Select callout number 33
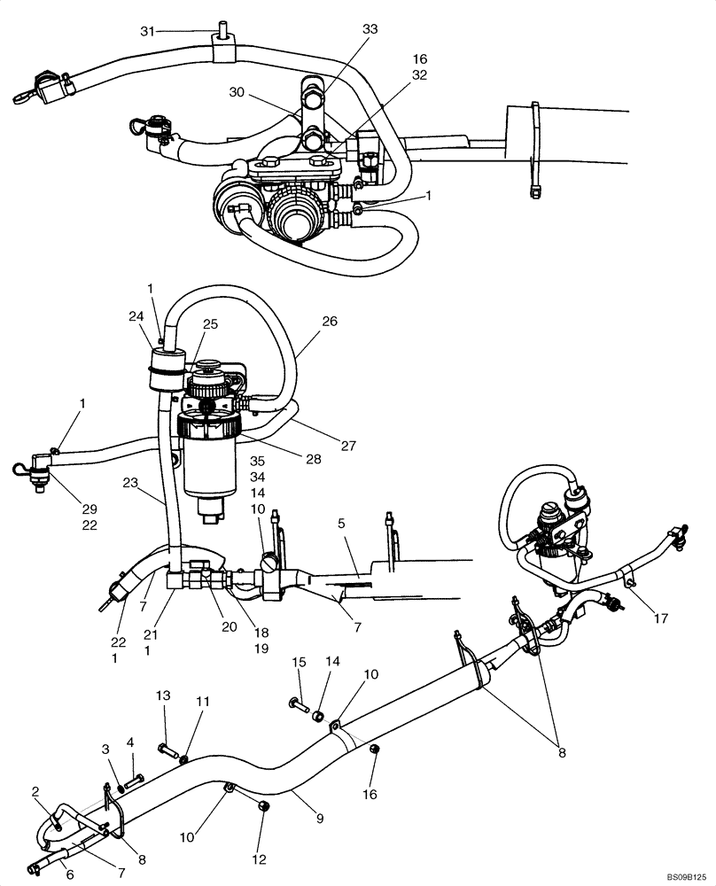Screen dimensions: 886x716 point(370,29)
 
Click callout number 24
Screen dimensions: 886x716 point(135,315)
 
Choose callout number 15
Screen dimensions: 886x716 point(300,663)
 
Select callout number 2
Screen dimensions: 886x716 point(36,790)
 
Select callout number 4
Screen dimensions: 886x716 point(130,742)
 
